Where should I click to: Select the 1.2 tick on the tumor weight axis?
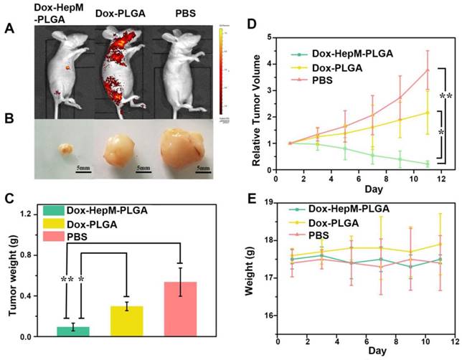(x=27, y=214)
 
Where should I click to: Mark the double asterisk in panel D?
(x=448, y=95)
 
